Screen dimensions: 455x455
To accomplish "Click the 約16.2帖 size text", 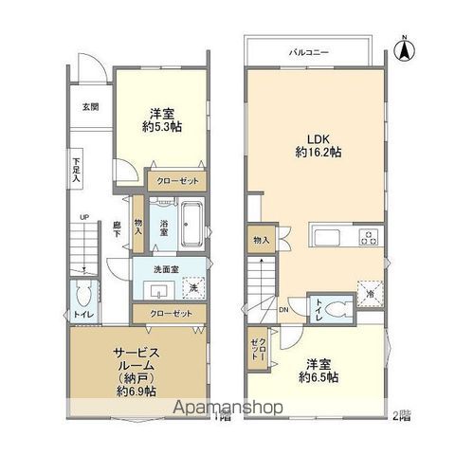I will tap(316, 154).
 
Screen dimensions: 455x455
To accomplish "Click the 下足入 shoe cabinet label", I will tap(76, 170).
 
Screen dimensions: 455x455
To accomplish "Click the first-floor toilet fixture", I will tap(82, 294).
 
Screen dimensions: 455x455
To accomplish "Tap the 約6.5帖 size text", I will tap(320, 375).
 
